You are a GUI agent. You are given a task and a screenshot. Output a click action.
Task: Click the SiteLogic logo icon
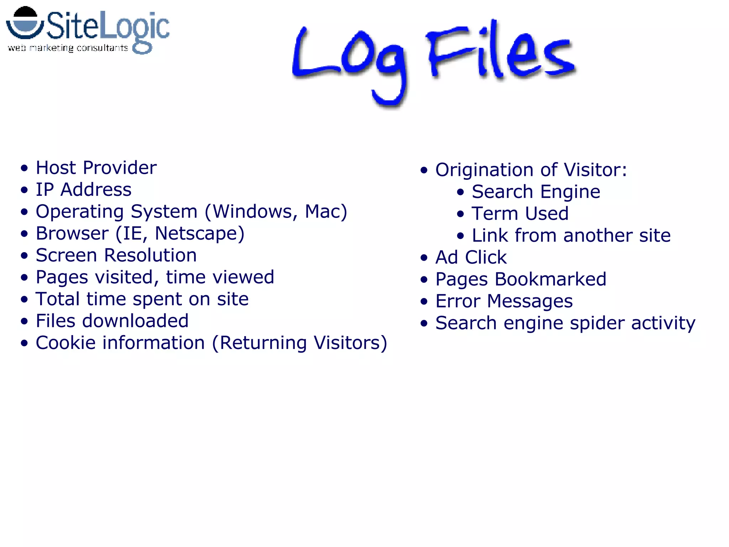click(24, 24)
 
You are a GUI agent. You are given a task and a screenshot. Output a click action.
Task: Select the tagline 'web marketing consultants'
click(68, 48)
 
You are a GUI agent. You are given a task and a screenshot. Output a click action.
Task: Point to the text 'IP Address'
click(84, 189)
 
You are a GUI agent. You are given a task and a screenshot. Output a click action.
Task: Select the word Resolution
click(150, 255)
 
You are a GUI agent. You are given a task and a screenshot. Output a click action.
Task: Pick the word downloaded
click(135, 321)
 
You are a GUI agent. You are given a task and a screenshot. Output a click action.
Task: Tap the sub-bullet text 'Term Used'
click(520, 214)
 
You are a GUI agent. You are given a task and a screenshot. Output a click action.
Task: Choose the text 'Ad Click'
click(471, 257)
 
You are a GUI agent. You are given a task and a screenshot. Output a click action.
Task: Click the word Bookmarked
click(550, 279)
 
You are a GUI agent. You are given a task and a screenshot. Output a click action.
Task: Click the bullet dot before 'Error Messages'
click(424, 302)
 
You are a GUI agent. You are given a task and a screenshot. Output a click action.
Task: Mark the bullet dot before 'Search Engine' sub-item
click(461, 192)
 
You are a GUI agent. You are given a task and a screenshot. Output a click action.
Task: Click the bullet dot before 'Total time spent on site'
click(24, 299)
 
